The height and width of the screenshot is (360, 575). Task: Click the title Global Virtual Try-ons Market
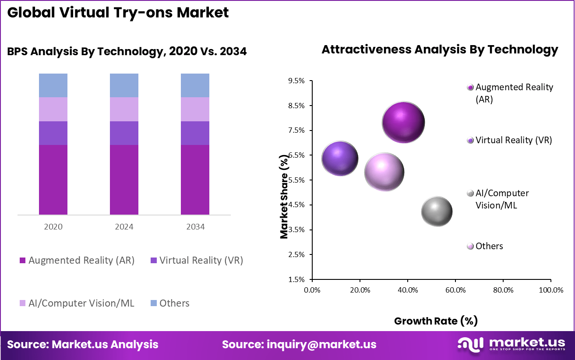click(x=118, y=12)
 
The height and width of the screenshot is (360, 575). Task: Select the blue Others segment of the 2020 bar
click(x=53, y=85)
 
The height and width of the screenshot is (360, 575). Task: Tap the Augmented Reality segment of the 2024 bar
click(x=124, y=180)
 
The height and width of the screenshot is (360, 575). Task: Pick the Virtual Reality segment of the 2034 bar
click(x=195, y=133)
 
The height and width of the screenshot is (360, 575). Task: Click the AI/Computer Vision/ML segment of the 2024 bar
click(x=124, y=109)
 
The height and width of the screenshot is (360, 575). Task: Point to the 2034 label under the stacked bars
click(x=195, y=227)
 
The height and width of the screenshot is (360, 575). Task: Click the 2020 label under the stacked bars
click(x=53, y=227)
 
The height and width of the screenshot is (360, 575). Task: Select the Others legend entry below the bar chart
click(x=174, y=303)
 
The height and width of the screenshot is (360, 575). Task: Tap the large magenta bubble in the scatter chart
click(x=403, y=122)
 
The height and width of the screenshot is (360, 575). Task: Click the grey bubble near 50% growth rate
click(x=437, y=211)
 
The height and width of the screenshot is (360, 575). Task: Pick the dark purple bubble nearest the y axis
click(x=340, y=159)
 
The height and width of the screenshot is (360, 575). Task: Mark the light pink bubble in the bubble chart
click(x=384, y=172)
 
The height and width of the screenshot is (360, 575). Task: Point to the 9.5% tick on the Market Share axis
click(x=296, y=81)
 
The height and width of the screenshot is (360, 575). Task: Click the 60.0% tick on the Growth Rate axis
click(x=455, y=290)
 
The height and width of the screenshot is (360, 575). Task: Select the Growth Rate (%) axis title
click(x=436, y=321)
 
